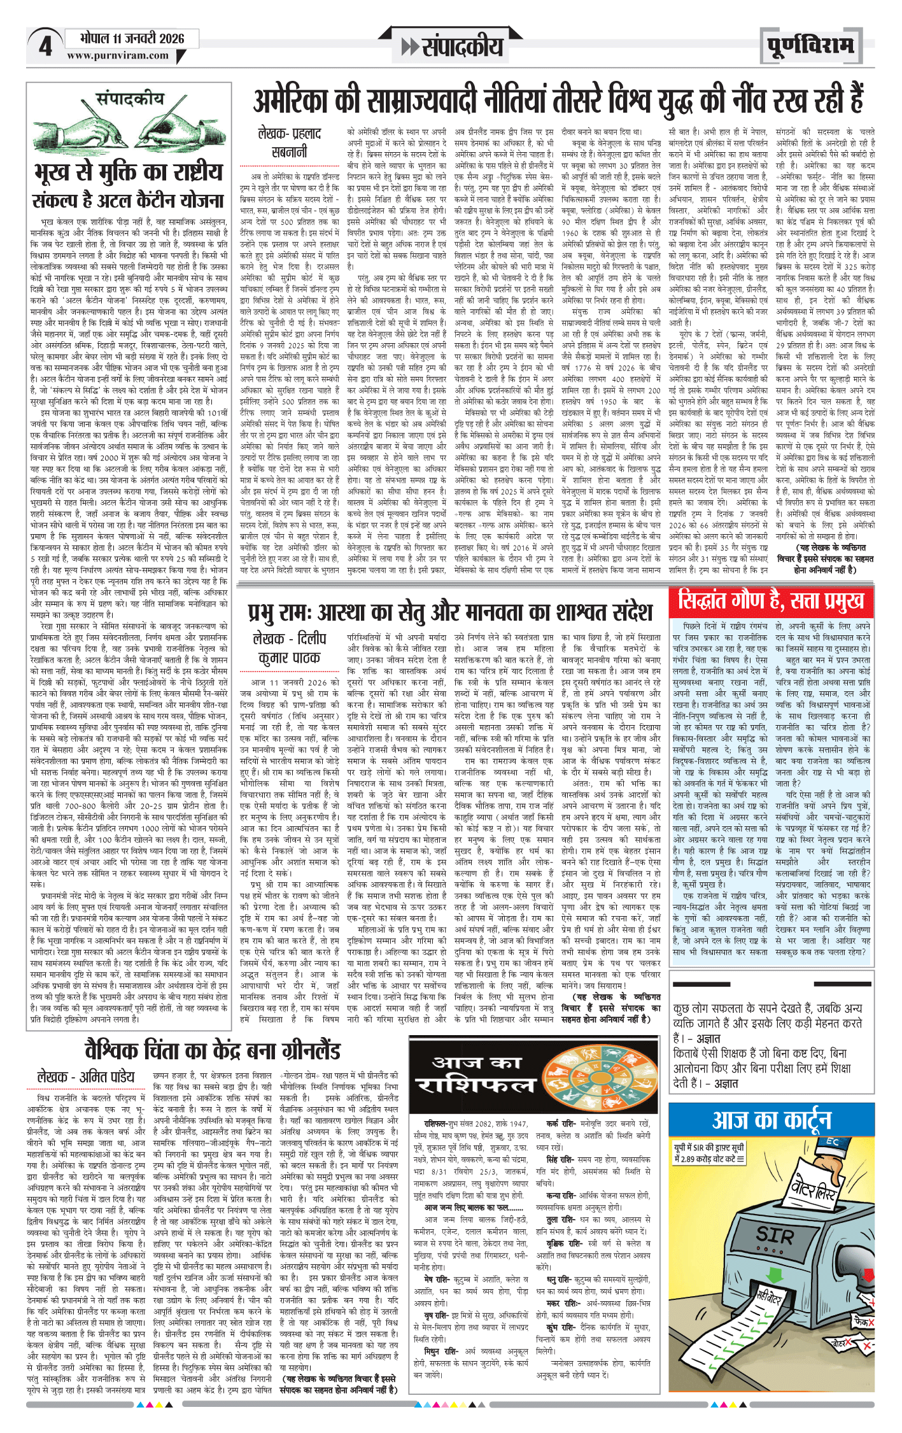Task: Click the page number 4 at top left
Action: [x=45, y=46]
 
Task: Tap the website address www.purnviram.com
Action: [x=118, y=55]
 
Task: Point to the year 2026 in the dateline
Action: [x=171, y=38]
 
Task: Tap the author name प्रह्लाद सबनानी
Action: [x=290, y=143]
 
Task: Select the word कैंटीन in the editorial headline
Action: [x=152, y=201]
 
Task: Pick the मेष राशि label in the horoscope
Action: [x=439, y=1279]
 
